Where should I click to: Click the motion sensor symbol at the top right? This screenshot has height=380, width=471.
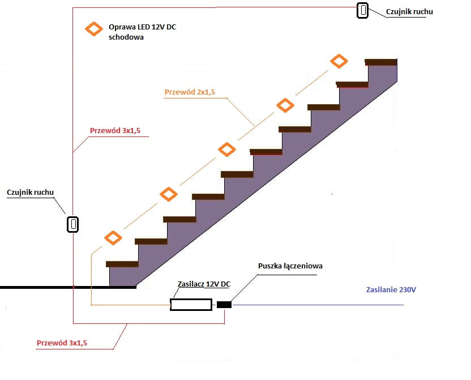point(362,10)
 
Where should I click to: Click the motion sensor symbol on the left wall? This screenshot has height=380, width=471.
point(72,224)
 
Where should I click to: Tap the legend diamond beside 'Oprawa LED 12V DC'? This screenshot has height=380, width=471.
point(92,29)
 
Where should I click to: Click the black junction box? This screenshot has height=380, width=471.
point(224,305)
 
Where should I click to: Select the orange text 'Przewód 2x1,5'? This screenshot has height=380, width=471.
point(190,92)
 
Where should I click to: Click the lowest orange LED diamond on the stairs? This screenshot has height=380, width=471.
point(113,238)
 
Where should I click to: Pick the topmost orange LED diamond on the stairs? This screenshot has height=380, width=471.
point(339,61)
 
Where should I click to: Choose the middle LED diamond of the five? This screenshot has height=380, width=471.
point(227,150)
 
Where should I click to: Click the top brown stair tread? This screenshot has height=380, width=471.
point(381,61)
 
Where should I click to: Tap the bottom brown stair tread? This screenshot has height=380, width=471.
point(122,264)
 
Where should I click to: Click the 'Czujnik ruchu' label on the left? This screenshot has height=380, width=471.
point(31,192)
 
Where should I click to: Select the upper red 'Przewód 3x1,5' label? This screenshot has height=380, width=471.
point(115,131)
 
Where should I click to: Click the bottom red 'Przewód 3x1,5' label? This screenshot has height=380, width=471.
point(62,343)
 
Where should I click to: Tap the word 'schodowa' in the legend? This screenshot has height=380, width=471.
point(126,37)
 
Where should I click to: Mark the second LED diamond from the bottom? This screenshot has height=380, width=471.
point(168,194)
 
